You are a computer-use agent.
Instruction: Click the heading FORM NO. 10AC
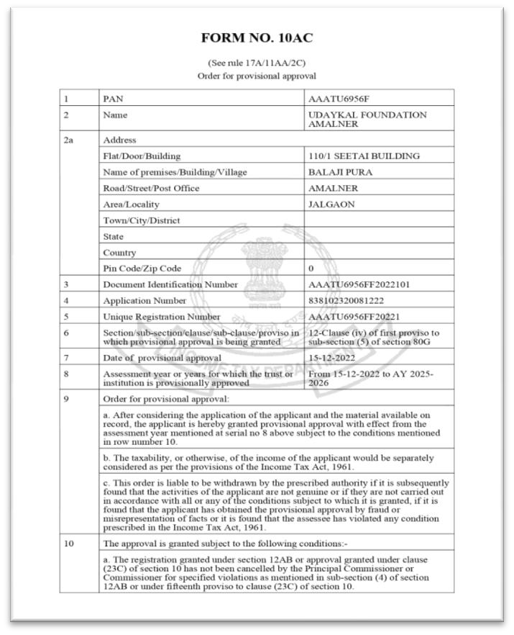click(257, 37)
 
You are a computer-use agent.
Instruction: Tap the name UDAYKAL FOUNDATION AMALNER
click(367, 120)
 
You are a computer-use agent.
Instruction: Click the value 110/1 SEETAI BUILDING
click(364, 156)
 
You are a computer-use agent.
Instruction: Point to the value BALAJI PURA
click(340, 173)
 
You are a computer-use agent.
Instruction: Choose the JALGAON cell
click(331, 204)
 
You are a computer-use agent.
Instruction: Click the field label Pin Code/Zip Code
click(142, 269)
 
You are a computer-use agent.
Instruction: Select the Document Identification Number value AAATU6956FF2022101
click(359, 284)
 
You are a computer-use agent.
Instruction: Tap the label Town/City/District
click(142, 220)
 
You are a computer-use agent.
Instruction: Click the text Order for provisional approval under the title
click(257, 76)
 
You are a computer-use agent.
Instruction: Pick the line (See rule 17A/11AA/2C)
click(257, 63)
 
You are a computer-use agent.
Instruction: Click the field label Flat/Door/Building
click(142, 156)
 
